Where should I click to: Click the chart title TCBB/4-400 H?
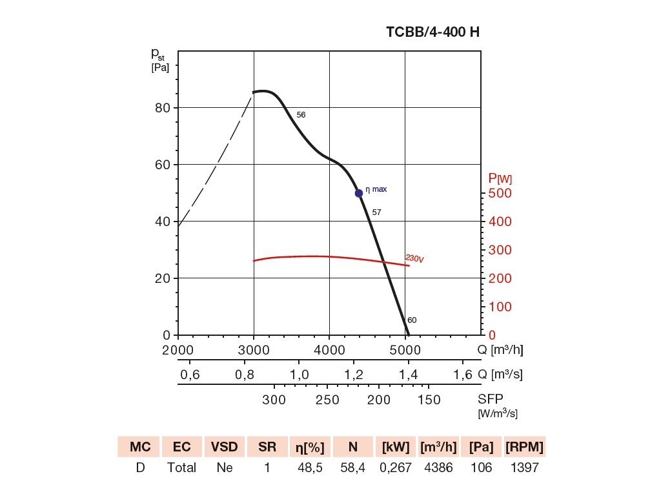(432, 32)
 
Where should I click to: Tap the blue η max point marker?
(359, 193)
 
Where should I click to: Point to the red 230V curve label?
(414, 258)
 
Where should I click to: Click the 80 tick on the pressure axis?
(162, 108)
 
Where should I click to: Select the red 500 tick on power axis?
(499, 193)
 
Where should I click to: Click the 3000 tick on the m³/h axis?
(254, 349)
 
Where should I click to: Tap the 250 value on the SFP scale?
(327, 400)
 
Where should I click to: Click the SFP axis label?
(489, 400)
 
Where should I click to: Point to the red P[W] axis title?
(500, 178)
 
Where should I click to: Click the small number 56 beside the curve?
(301, 115)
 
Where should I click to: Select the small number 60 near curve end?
(412, 320)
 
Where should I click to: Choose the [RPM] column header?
(524, 447)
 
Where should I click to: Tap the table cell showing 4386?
(438, 468)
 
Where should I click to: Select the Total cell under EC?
(182, 468)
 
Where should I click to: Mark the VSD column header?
(225, 447)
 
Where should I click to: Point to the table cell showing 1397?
(524, 468)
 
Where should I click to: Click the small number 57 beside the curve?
(377, 212)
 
